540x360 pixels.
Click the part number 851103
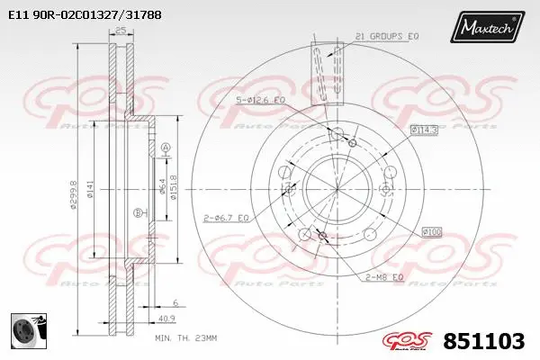pos(486,341)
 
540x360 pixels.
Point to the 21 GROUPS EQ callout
pos(388,36)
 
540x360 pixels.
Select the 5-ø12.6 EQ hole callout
pos(260,100)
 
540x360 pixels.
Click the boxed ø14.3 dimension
pos(424,130)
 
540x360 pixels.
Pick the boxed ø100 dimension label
pos(432,231)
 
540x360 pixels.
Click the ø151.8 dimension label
pos(173,190)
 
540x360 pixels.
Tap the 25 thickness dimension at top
pos(119,32)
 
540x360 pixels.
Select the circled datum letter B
pos(137,212)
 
